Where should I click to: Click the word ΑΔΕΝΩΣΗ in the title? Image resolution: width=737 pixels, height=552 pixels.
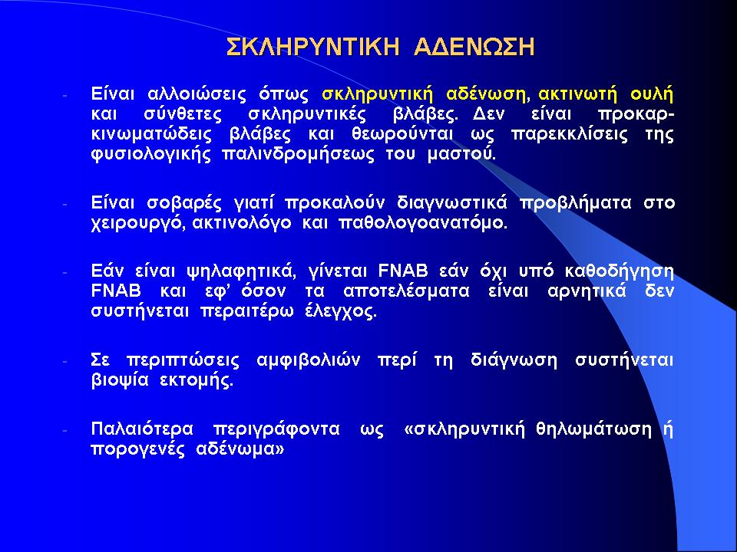pyautogui.click(x=474, y=47)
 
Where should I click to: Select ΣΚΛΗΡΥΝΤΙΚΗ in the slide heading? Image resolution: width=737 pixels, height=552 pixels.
pyautogui.click(x=313, y=47)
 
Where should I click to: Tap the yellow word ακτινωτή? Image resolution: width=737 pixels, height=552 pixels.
pyautogui.click(x=577, y=94)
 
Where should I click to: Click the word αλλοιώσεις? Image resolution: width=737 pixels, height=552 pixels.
pyautogui.click(x=197, y=94)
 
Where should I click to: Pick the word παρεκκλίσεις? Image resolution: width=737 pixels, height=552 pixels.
pyautogui.click(x=569, y=135)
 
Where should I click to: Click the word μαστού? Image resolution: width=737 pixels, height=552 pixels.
pyautogui.click(x=461, y=154)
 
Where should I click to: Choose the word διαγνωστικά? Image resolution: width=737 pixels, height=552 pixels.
pyautogui.click(x=452, y=204)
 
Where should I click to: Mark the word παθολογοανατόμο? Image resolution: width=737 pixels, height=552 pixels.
pyautogui.click(x=422, y=223)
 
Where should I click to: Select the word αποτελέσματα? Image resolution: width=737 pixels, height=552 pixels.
pyautogui.click(x=406, y=291)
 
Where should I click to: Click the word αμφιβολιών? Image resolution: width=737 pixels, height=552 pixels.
pyautogui.click(x=309, y=361)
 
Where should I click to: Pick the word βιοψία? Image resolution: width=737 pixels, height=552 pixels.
pyautogui.click(x=120, y=381)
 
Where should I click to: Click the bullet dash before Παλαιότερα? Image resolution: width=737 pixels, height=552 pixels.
pyautogui.click(x=65, y=430)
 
